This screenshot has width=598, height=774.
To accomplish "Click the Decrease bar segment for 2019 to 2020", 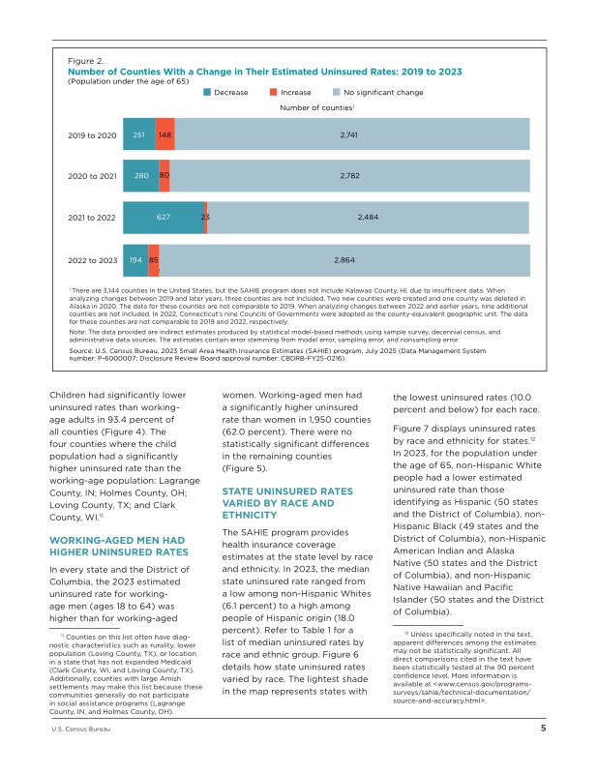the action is coord(139,134).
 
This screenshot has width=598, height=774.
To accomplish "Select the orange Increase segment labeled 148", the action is coord(164,134).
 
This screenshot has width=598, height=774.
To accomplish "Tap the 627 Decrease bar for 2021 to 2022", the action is coord(164,217).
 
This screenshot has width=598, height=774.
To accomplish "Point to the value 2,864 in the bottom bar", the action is coord(344,260).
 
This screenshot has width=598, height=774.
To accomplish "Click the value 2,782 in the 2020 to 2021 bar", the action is coord(349,175).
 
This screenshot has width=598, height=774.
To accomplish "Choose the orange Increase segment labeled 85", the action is coord(154,260).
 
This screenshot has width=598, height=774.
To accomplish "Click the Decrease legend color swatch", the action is coord(207,92).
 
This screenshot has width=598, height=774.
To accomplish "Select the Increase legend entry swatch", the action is coord(273,92).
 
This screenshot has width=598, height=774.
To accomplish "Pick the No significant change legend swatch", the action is coord(337,92).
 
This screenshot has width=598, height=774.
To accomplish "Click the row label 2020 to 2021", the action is coord(92,176).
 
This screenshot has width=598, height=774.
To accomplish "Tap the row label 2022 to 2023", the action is coord(93,260).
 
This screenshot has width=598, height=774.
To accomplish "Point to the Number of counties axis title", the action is coord(317,107).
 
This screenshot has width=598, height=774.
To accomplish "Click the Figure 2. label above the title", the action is coord(86,61).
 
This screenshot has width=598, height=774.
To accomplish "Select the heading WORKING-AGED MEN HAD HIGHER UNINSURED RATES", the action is coord(118,546).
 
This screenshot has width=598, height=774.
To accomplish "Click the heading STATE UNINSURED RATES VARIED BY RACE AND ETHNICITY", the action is coord(287,503).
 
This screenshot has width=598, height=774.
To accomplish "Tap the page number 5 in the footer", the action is coord(543,729).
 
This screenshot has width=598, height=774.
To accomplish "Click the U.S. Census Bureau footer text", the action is coord(81,729).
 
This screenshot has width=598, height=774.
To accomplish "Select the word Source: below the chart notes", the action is coord(80,350).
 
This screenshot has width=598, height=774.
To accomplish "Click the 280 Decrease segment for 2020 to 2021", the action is coord(141,175).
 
